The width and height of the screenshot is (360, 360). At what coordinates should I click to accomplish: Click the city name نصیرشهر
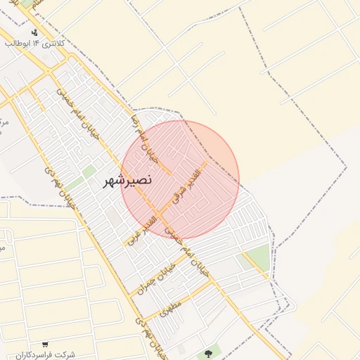(127, 181)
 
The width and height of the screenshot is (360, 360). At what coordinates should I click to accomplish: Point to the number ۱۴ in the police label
(34, 44)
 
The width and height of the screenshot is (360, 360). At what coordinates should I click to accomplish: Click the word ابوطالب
(16, 44)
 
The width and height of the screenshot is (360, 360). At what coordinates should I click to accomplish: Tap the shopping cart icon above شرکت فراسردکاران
(45, 345)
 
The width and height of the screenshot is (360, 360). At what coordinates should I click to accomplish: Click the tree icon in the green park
(208, 353)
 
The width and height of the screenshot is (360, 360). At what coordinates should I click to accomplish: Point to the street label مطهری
(171, 307)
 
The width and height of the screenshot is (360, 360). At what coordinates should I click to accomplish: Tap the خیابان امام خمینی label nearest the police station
(79, 105)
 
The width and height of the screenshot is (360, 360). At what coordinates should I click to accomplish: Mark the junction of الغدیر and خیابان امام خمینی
(160, 210)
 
